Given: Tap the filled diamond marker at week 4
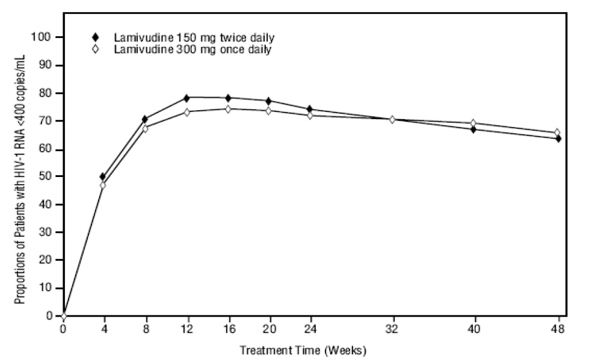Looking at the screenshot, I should click(x=102, y=176).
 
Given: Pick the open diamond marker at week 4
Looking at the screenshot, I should click(x=102, y=185).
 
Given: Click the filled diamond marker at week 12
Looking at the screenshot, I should click(x=187, y=98).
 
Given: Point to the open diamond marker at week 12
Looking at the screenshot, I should click(x=187, y=112).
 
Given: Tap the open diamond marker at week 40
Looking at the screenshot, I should click(x=473, y=123).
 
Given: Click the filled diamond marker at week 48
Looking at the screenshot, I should click(x=558, y=138).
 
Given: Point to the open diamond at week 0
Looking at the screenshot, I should click(x=63, y=315).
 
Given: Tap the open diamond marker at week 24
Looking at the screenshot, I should click(x=310, y=115).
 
